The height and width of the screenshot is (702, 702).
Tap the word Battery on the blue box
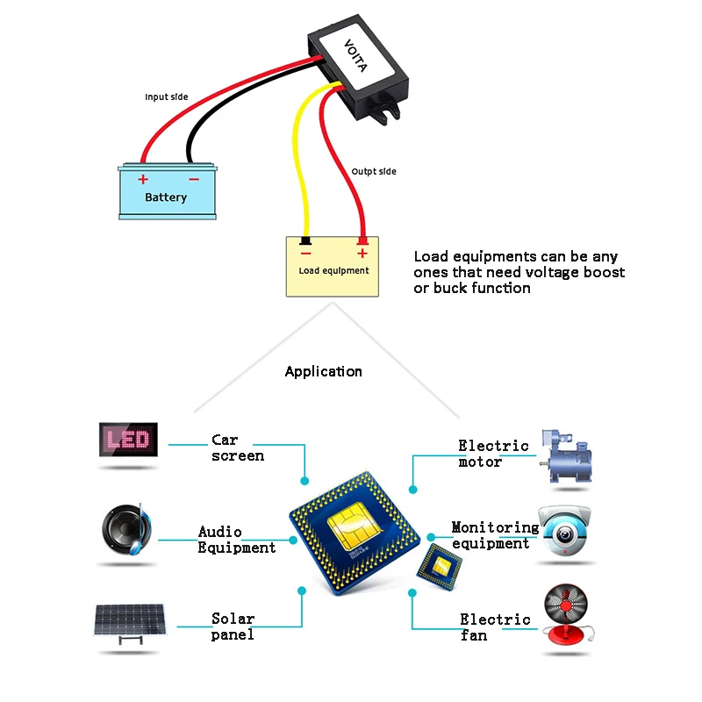166,197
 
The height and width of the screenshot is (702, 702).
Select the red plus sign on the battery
143,179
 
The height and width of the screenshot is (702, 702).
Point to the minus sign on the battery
194,179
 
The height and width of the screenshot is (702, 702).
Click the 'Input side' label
167,97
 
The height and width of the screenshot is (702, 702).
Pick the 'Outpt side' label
374,171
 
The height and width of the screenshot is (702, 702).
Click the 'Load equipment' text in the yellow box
333,270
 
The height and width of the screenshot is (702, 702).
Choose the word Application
323,371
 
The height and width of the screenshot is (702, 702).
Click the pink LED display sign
127,439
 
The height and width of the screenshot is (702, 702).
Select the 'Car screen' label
238,448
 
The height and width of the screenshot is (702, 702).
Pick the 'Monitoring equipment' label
495,535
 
